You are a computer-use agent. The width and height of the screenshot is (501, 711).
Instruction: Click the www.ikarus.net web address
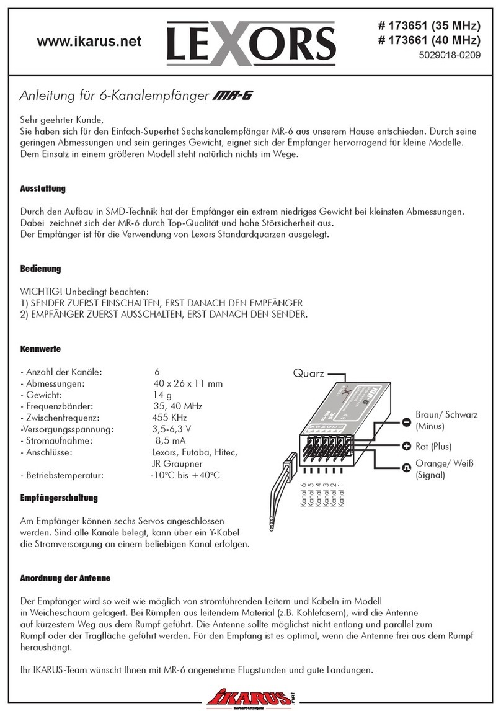click(x=89, y=42)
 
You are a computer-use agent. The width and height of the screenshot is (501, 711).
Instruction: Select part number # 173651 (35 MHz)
click(x=429, y=26)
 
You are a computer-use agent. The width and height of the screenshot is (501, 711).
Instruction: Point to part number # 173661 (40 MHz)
click(x=429, y=41)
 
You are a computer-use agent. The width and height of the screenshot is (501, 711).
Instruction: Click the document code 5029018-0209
click(x=448, y=55)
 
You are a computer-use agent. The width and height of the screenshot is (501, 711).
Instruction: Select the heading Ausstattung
click(x=43, y=188)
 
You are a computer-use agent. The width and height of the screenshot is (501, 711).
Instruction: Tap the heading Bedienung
click(x=41, y=269)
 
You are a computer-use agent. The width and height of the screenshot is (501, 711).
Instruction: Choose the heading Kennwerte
click(x=40, y=349)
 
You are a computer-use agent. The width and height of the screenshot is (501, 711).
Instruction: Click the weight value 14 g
click(x=162, y=395)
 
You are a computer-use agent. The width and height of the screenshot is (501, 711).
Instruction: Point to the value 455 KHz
click(x=170, y=418)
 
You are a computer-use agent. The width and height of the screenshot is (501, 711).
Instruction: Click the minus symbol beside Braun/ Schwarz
click(x=407, y=422)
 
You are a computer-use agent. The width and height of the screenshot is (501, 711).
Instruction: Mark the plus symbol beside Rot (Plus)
click(x=407, y=446)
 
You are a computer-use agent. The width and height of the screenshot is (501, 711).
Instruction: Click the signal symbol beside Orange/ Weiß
click(x=407, y=468)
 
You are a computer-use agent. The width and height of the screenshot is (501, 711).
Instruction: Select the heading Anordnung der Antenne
click(x=65, y=578)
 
